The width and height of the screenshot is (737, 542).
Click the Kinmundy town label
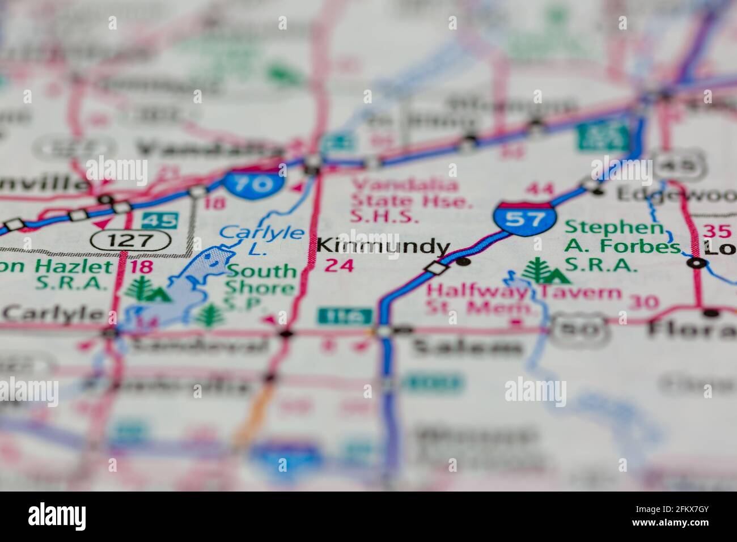pyautogui.click(x=383, y=247)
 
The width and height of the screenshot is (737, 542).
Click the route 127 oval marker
pyautogui.click(x=130, y=240)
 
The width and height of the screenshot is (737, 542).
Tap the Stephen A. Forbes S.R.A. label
pyautogui.click(x=622, y=246)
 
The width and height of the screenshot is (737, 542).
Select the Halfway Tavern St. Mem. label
pyautogui.click(x=523, y=300)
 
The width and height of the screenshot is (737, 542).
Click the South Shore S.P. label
pyautogui.click(x=260, y=287)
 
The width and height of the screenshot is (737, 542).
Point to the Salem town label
pyautogui.click(x=467, y=346)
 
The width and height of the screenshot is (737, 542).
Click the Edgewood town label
pyautogui.click(x=675, y=194)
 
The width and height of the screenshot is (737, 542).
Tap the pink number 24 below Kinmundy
pyautogui.click(x=339, y=265)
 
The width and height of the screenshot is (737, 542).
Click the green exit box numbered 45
pyautogui.click(x=159, y=220)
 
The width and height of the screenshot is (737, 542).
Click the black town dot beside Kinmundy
pyautogui.click(x=464, y=261)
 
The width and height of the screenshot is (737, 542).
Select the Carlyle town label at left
pyautogui.click(x=53, y=313)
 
